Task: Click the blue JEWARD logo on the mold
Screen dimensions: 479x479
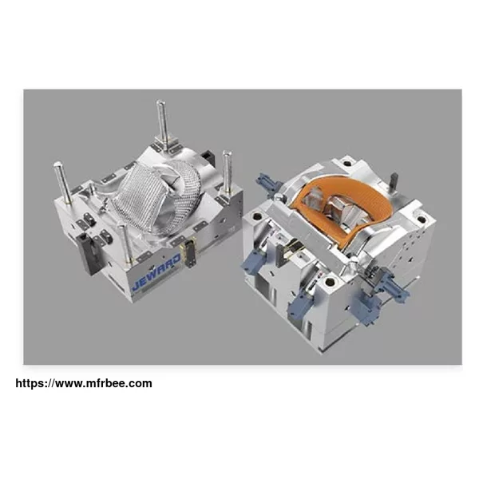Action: (156, 273)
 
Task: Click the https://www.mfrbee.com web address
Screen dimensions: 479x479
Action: (84, 383)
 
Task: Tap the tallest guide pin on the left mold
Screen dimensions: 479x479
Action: (163, 125)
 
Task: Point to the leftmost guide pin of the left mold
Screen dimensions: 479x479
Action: (63, 183)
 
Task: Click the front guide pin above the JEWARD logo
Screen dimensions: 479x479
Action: (126, 243)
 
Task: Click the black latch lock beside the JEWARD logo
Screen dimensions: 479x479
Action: (188, 251)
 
